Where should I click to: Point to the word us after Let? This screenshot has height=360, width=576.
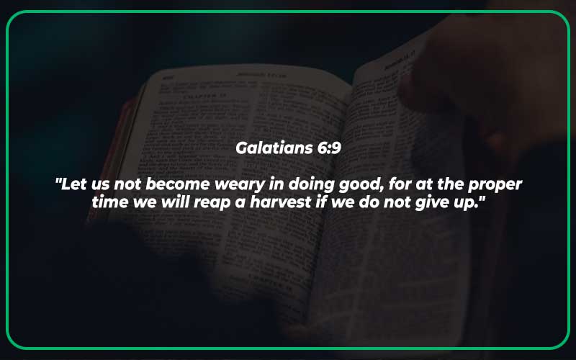(x=97, y=184)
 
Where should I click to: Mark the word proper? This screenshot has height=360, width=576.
(x=493, y=184)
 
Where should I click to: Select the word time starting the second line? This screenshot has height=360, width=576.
(x=108, y=201)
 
